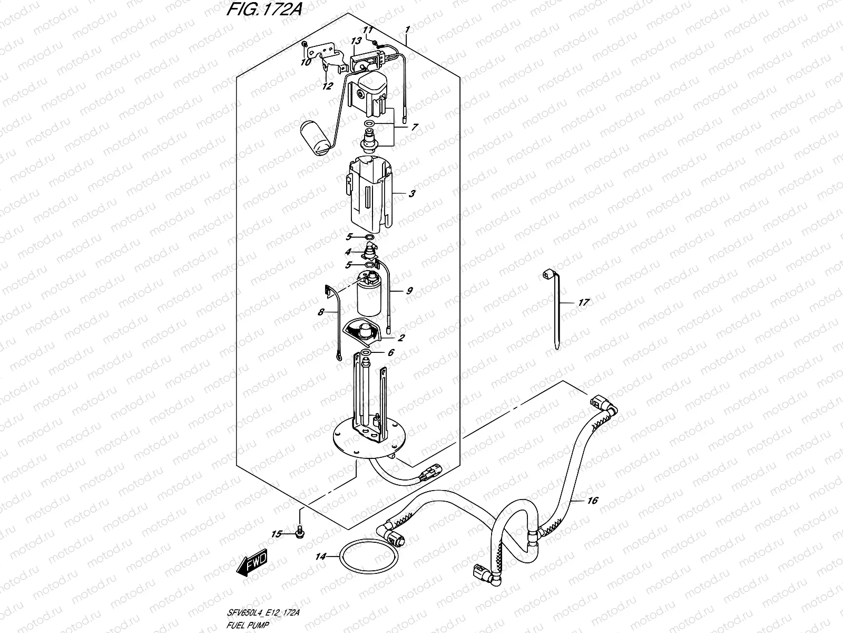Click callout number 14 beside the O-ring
(321, 557)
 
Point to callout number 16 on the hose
(592, 500)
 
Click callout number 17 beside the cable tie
(583, 303)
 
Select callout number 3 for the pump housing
(412, 194)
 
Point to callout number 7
(415, 127)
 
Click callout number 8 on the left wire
(320, 312)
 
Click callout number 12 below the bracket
(328, 86)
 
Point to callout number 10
(306, 62)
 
